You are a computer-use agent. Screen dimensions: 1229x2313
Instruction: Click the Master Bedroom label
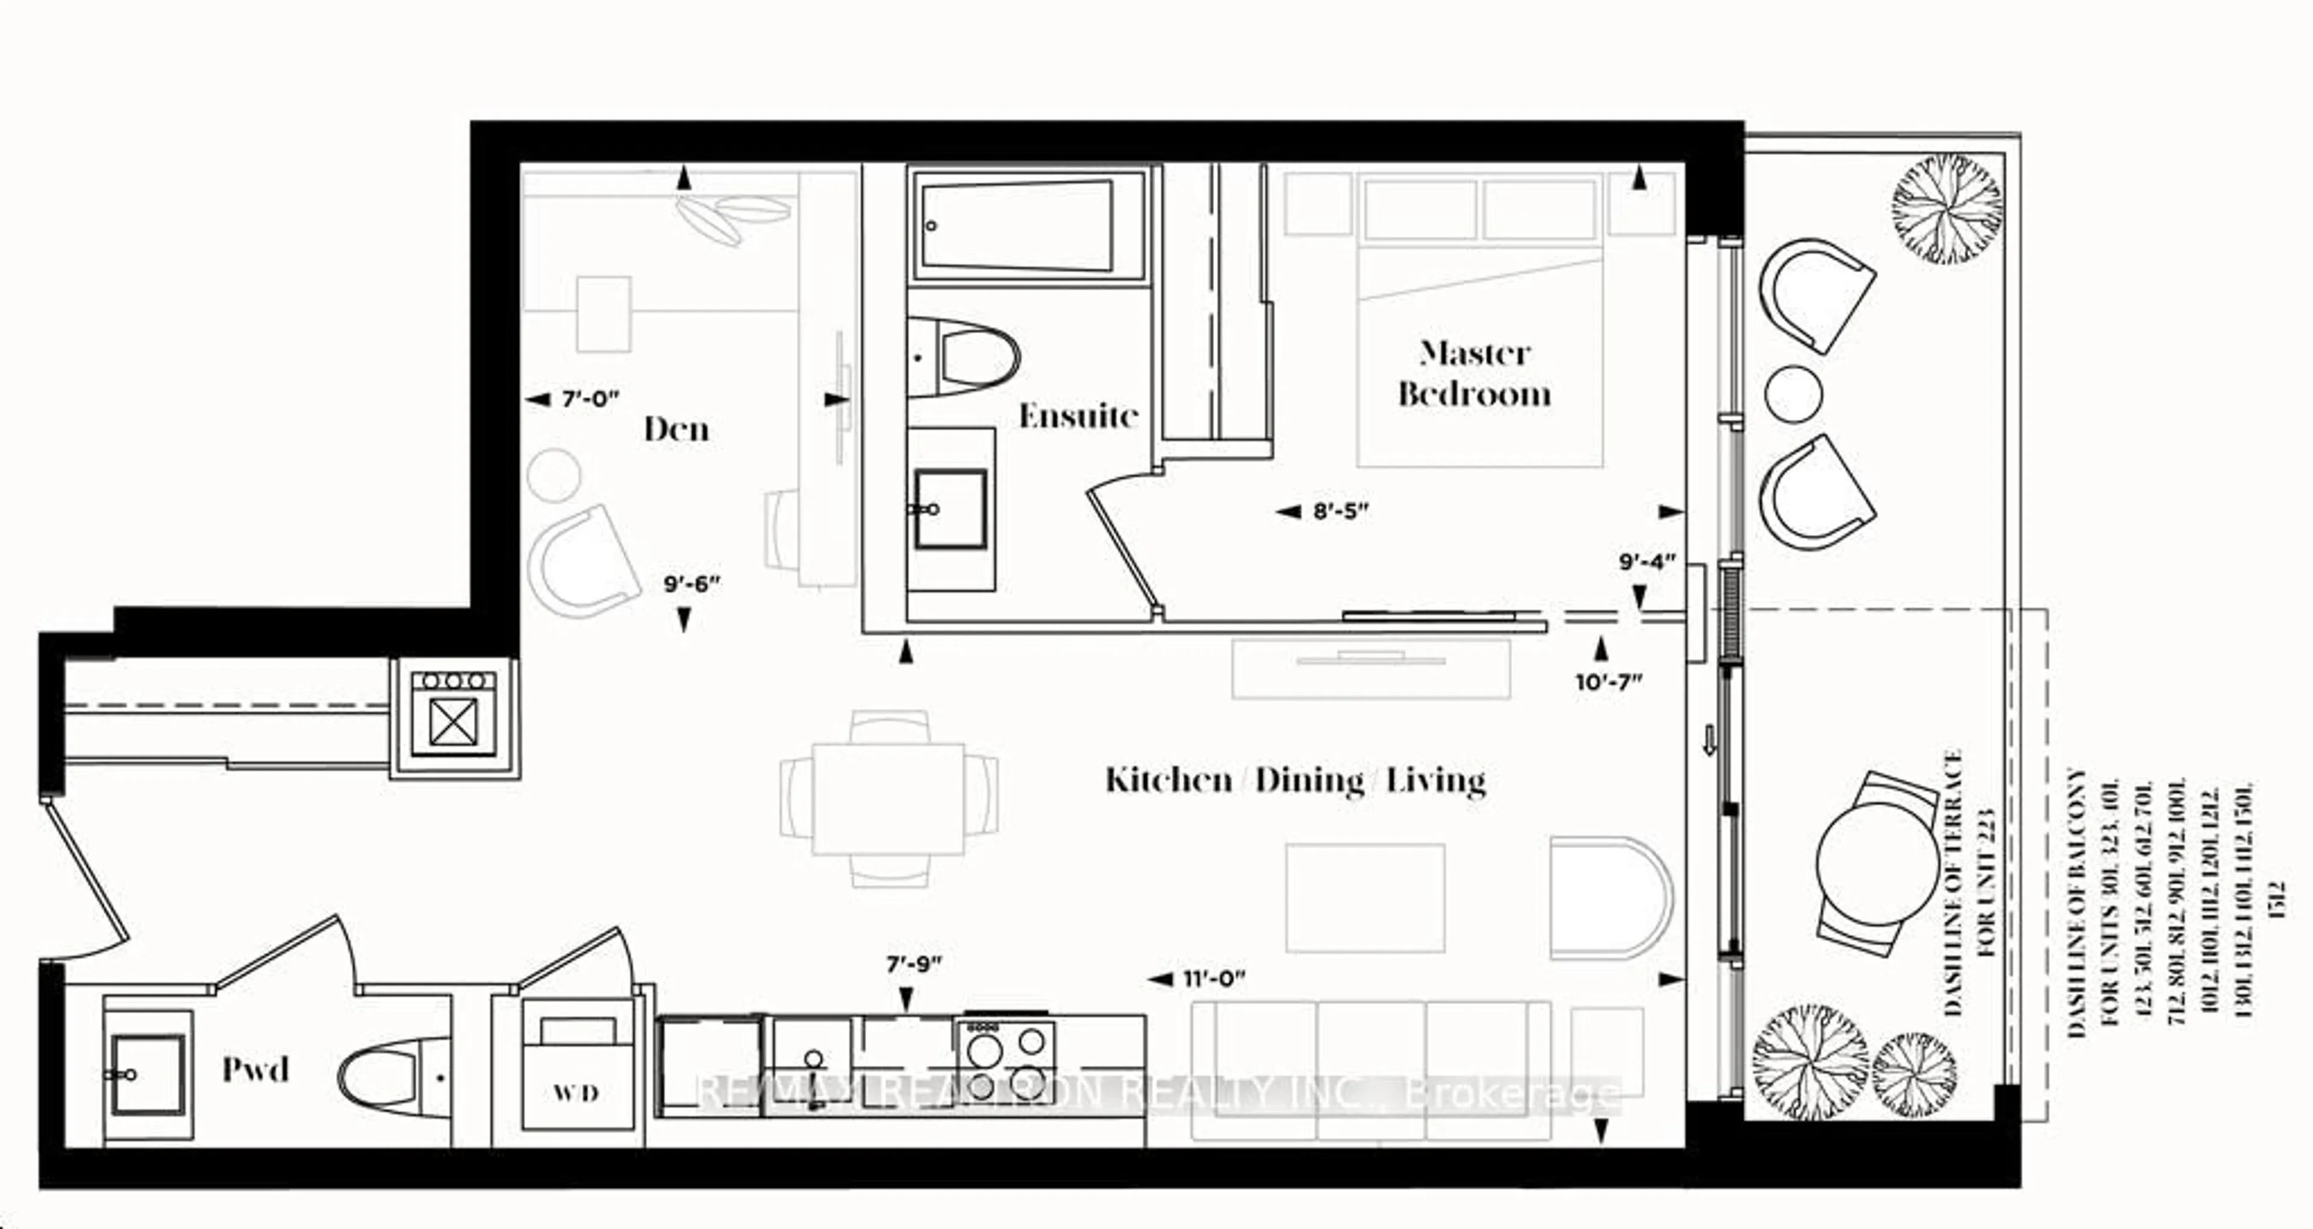(x=1475, y=374)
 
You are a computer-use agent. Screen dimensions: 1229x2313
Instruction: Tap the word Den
(x=676, y=430)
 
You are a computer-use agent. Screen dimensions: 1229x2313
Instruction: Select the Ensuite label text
(x=1078, y=416)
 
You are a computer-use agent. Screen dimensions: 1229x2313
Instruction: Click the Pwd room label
(x=256, y=1069)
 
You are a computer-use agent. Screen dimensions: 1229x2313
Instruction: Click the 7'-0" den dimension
(x=590, y=399)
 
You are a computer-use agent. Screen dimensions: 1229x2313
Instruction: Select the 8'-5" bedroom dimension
(x=1341, y=511)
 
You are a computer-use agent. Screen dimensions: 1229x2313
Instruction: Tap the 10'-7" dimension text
(x=1608, y=682)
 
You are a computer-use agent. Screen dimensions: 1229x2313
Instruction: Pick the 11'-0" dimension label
(x=1213, y=978)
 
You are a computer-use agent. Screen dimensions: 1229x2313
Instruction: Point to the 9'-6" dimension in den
(x=691, y=584)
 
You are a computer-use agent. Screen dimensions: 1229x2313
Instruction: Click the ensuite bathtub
(x=1028, y=225)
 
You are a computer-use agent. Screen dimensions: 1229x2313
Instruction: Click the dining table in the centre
(x=888, y=799)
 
